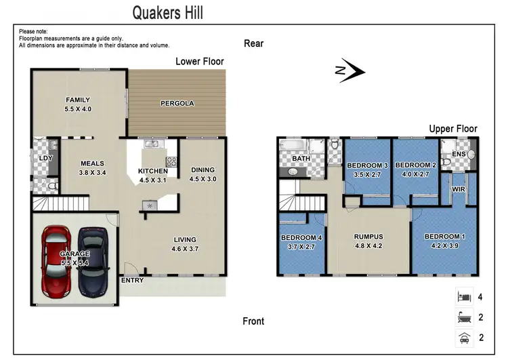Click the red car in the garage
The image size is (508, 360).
click(x=56, y=260)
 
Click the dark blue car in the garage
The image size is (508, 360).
click(x=93, y=260)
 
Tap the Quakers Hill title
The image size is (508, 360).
click(x=167, y=12)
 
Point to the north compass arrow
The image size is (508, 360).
click(x=350, y=71)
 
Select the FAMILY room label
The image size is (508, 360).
click(x=77, y=100)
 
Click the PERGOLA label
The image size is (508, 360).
click(x=177, y=104)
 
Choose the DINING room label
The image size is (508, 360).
click(x=203, y=170)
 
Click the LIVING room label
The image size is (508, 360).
click(x=184, y=239)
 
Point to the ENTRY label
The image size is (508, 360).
click(x=132, y=280)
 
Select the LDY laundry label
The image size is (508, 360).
click(x=46, y=159)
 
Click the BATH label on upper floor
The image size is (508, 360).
click(x=301, y=159)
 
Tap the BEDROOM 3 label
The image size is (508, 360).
click(x=367, y=165)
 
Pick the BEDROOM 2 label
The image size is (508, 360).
click(x=415, y=165)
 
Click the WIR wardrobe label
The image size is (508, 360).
click(x=459, y=189)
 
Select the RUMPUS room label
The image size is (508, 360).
click(x=368, y=237)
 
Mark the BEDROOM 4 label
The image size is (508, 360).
click(x=301, y=237)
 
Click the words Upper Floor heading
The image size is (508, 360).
click(x=452, y=129)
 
